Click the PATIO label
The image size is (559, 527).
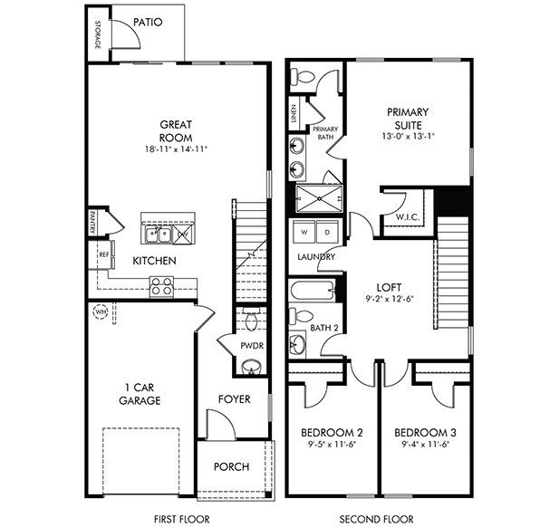click(148, 22)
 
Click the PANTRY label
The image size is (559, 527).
click(92, 222)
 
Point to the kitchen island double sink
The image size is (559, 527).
click(158, 235)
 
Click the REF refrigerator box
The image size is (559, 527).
click(104, 256)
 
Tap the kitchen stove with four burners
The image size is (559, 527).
click(162, 287)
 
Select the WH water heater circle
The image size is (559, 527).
click(100, 313)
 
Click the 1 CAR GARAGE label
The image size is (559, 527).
click(142, 393)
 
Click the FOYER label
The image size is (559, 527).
click(234, 398)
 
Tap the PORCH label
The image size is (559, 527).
click(231, 466)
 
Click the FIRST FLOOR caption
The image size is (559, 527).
click(182, 519)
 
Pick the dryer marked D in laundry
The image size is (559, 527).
click(323, 232)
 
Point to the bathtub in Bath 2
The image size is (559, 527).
click(312, 292)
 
